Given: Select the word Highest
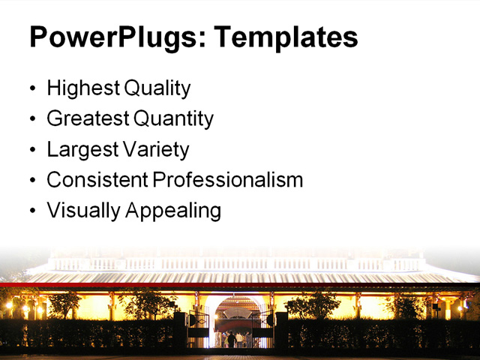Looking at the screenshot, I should coord(83,88).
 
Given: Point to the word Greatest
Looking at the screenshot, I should coord(88,118).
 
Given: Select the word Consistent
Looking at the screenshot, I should coord(97,180).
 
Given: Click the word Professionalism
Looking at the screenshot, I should coord(228,180).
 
